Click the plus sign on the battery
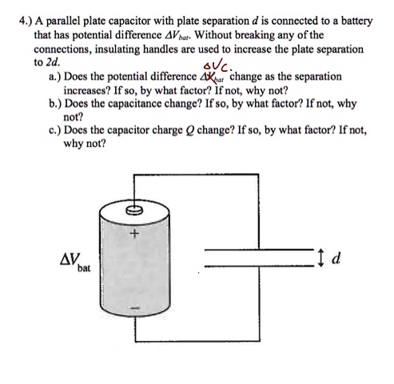[x=136, y=235]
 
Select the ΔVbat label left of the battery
[x=74, y=262]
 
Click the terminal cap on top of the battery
[x=135, y=211]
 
